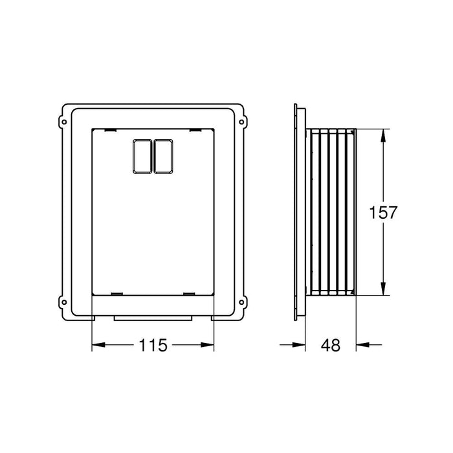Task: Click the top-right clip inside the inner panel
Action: coord(193,131)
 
